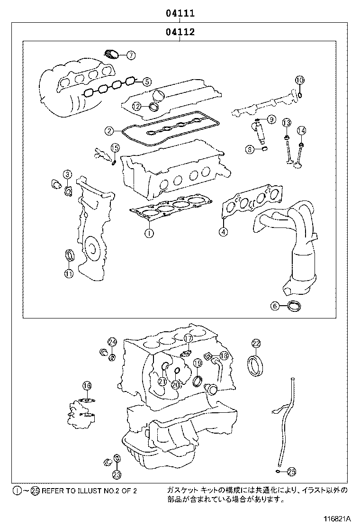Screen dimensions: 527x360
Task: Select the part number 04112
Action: (x=180, y=33)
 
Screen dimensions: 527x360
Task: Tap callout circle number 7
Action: (x=131, y=55)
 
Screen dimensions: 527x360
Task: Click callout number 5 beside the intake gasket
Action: (x=147, y=82)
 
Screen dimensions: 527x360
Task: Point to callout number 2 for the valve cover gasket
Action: (x=109, y=130)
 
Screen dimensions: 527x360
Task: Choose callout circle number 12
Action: (x=136, y=106)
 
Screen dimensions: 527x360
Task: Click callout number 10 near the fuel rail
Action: (x=299, y=80)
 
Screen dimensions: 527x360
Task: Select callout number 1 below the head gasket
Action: (x=149, y=233)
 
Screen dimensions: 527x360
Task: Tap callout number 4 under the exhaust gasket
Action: (x=223, y=232)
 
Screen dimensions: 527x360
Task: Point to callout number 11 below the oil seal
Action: (x=69, y=273)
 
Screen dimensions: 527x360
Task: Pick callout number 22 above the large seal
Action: (x=256, y=343)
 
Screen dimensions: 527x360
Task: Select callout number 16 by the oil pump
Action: (x=87, y=385)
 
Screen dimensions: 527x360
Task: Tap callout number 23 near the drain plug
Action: (x=117, y=473)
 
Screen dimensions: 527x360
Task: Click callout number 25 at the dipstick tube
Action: (x=292, y=471)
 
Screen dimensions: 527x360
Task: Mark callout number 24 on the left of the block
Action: (x=112, y=342)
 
